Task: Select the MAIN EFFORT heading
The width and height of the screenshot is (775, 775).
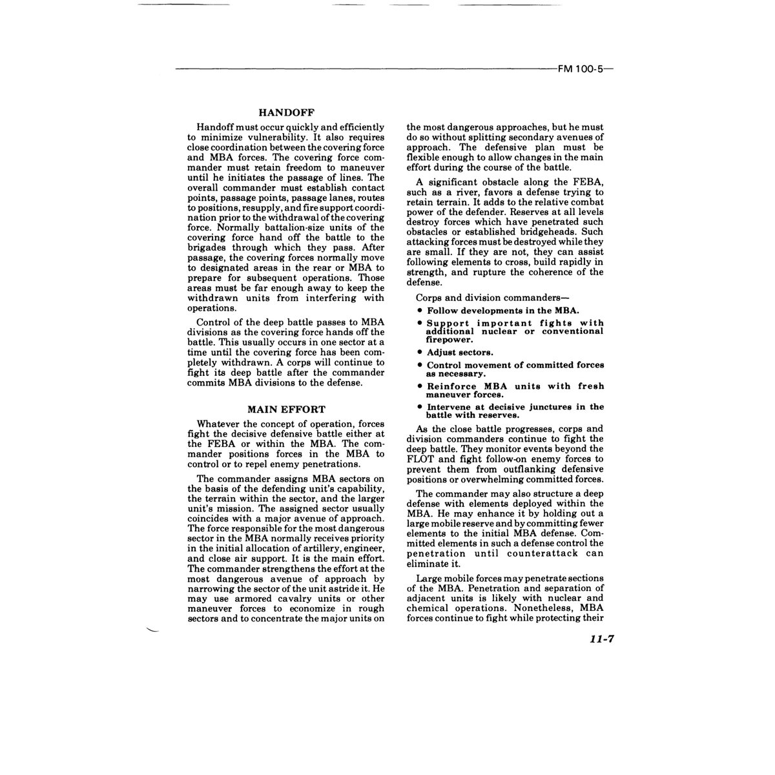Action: pyautogui.click(x=286, y=409)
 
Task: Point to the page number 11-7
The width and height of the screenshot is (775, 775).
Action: pyautogui.click(x=600, y=639)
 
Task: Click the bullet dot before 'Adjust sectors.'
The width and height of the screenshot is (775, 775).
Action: pyautogui.click(x=420, y=353)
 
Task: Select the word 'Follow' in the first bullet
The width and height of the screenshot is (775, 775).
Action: pyautogui.click(x=443, y=311)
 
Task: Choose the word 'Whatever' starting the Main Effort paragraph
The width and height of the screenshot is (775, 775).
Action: pyautogui.click(x=218, y=424)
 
